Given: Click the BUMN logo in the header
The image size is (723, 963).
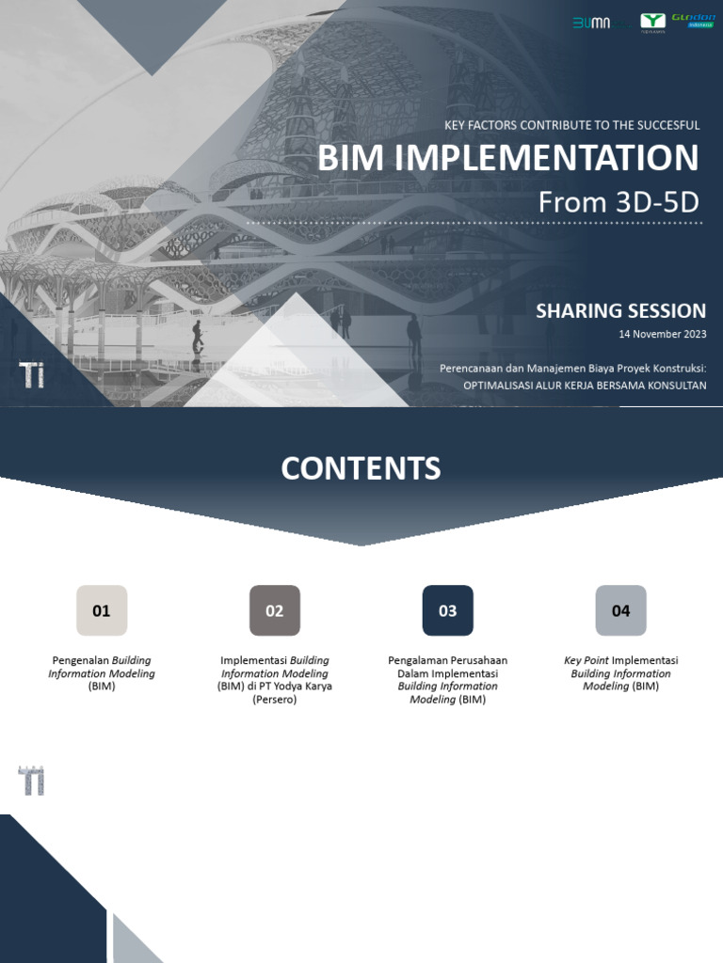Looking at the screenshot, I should coord(591,22).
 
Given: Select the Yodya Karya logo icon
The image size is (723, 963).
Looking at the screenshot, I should coord(651,22).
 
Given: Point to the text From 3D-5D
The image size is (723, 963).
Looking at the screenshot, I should coord(620,201).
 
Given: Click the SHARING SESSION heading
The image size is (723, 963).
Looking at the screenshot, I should coord(620,311).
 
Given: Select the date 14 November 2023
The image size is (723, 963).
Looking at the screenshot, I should coord(662,334).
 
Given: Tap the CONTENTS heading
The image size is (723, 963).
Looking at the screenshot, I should coord(361,468).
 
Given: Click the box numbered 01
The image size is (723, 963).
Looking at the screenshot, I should coord(102,610).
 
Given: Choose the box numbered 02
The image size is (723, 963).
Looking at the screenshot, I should coord(275,610).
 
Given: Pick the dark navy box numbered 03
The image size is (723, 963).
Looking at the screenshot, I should coord(448,610).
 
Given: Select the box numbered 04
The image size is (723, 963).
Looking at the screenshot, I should coord(621,610).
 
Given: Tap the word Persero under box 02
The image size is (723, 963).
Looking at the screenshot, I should coord(274,700).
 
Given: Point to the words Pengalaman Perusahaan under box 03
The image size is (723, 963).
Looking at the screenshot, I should coord(447,660).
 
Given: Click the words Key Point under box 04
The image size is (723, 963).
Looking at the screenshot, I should coord(586,660).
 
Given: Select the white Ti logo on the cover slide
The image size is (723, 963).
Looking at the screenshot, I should coord(32,373).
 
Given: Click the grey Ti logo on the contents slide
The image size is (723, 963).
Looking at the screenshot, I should coord(32,781).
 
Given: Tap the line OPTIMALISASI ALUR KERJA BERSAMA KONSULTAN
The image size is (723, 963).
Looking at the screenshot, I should coord(585,386).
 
